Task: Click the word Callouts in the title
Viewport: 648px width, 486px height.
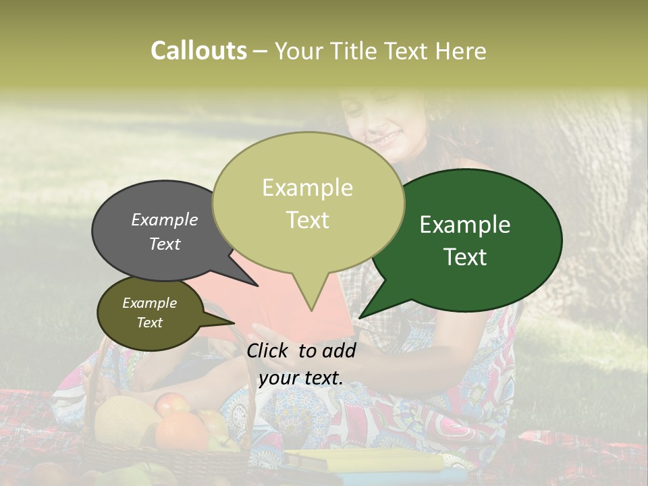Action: pos(198,51)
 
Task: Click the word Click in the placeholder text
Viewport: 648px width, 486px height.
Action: pos(269,350)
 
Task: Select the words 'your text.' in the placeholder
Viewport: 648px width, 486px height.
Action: pos(300,378)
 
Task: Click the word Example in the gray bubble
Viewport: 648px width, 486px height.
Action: pos(164,219)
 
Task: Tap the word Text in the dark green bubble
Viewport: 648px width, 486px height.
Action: pos(465,257)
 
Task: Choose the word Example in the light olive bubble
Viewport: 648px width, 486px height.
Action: pos(307,188)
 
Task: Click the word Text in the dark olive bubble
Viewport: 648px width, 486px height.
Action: pos(150,323)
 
